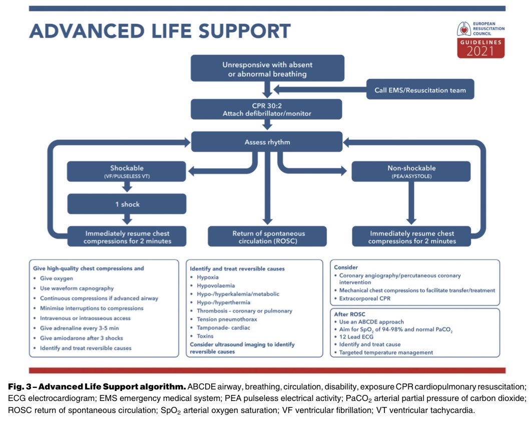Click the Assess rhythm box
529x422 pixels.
click(267, 142)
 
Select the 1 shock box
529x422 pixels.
click(127, 204)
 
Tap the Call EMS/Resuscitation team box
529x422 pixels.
click(420, 90)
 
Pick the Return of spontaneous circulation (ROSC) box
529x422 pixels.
click(267, 237)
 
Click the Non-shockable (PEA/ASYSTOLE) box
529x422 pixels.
click(411, 171)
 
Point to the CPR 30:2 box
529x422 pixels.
click(267, 109)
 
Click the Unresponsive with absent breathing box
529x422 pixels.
click(268, 69)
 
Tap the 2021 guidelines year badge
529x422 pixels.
click(480, 51)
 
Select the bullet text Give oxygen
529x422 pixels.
click(56, 278)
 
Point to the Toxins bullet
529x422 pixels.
click(205, 336)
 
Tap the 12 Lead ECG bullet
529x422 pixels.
click(356, 337)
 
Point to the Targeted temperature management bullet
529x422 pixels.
click(386, 352)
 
